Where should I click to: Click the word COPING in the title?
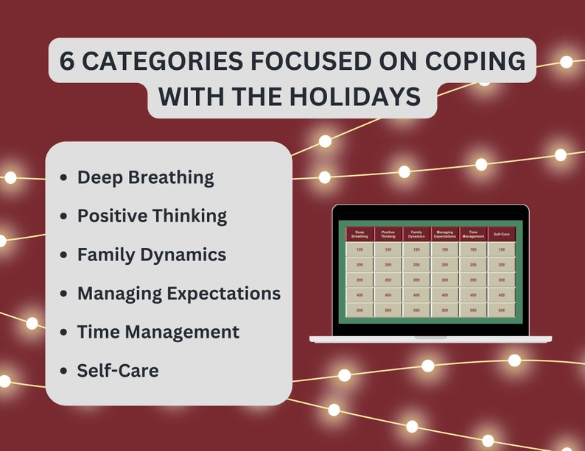pyautogui.click(x=476, y=61)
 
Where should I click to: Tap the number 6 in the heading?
pyautogui.click(x=67, y=61)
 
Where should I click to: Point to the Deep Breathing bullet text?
pyautogui.click(x=145, y=177)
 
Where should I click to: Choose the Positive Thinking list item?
pyautogui.click(x=152, y=216)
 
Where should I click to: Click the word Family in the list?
pyautogui.click(x=106, y=255)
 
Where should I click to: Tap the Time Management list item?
pyautogui.click(x=158, y=332)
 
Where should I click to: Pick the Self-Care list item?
pyautogui.click(x=117, y=370)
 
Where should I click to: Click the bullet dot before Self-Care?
pyautogui.click(x=63, y=371)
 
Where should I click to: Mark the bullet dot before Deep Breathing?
pyautogui.click(x=63, y=178)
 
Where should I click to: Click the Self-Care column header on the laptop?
pyautogui.click(x=501, y=235)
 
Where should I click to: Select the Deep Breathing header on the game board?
pyautogui.click(x=360, y=235)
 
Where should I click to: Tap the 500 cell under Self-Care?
pyautogui.click(x=501, y=310)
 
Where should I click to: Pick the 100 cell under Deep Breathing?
pyautogui.click(x=360, y=250)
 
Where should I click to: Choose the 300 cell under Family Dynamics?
pyautogui.click(x=416, y=280)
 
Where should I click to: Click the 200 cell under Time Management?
pyautogui.click(x=473, y=265)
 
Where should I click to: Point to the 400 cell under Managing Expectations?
pyautogui.click(x=444, y=295)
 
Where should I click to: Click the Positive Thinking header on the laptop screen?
pyautogui.click(x=388, y=235)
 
